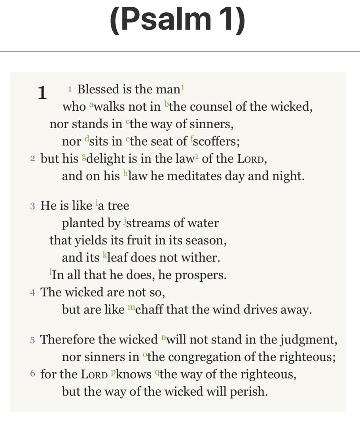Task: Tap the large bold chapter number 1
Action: tap(42, 93)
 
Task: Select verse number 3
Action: tap(32, 206)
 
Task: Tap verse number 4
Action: tap(32, 293)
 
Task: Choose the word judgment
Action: tap(311, 339)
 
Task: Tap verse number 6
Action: tap(32, 374)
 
